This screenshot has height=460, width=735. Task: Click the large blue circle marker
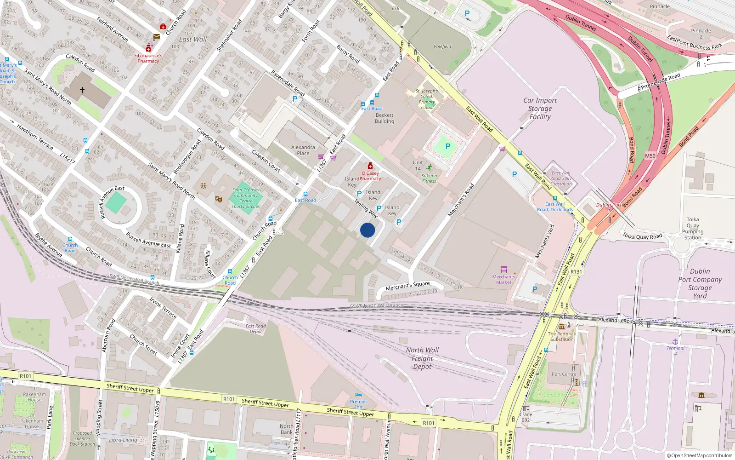pos(367,230)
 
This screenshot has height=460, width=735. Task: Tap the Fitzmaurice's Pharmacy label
pos(148,58)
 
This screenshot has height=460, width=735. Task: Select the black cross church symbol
pos(82,90)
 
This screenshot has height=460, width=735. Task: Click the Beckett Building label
pos(384,118)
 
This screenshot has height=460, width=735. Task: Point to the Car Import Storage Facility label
pos(540,109)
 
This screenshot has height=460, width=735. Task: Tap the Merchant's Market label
pos(503,279)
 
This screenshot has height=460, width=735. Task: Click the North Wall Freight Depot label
pos(422,358)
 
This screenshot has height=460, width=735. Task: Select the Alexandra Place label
pos(303,150)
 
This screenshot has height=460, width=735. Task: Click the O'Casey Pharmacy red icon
pos(370,166)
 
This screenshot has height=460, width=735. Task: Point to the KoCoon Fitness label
pos(429,178)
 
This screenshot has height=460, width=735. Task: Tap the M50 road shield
pos(650,156)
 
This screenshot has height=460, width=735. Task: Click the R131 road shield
pos(576,272)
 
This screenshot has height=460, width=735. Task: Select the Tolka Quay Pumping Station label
pos(693,229)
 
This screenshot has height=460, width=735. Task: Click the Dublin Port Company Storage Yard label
pos(700,283)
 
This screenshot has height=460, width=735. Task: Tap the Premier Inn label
pos(358,404)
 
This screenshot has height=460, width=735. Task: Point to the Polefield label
pos(442,46)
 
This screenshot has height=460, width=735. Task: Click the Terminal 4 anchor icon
pos(675,342)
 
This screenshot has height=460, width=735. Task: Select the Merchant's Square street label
pos(407,286)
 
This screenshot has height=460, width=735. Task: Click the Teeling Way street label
pos(366,208)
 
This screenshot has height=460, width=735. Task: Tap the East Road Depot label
pos(256,328)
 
